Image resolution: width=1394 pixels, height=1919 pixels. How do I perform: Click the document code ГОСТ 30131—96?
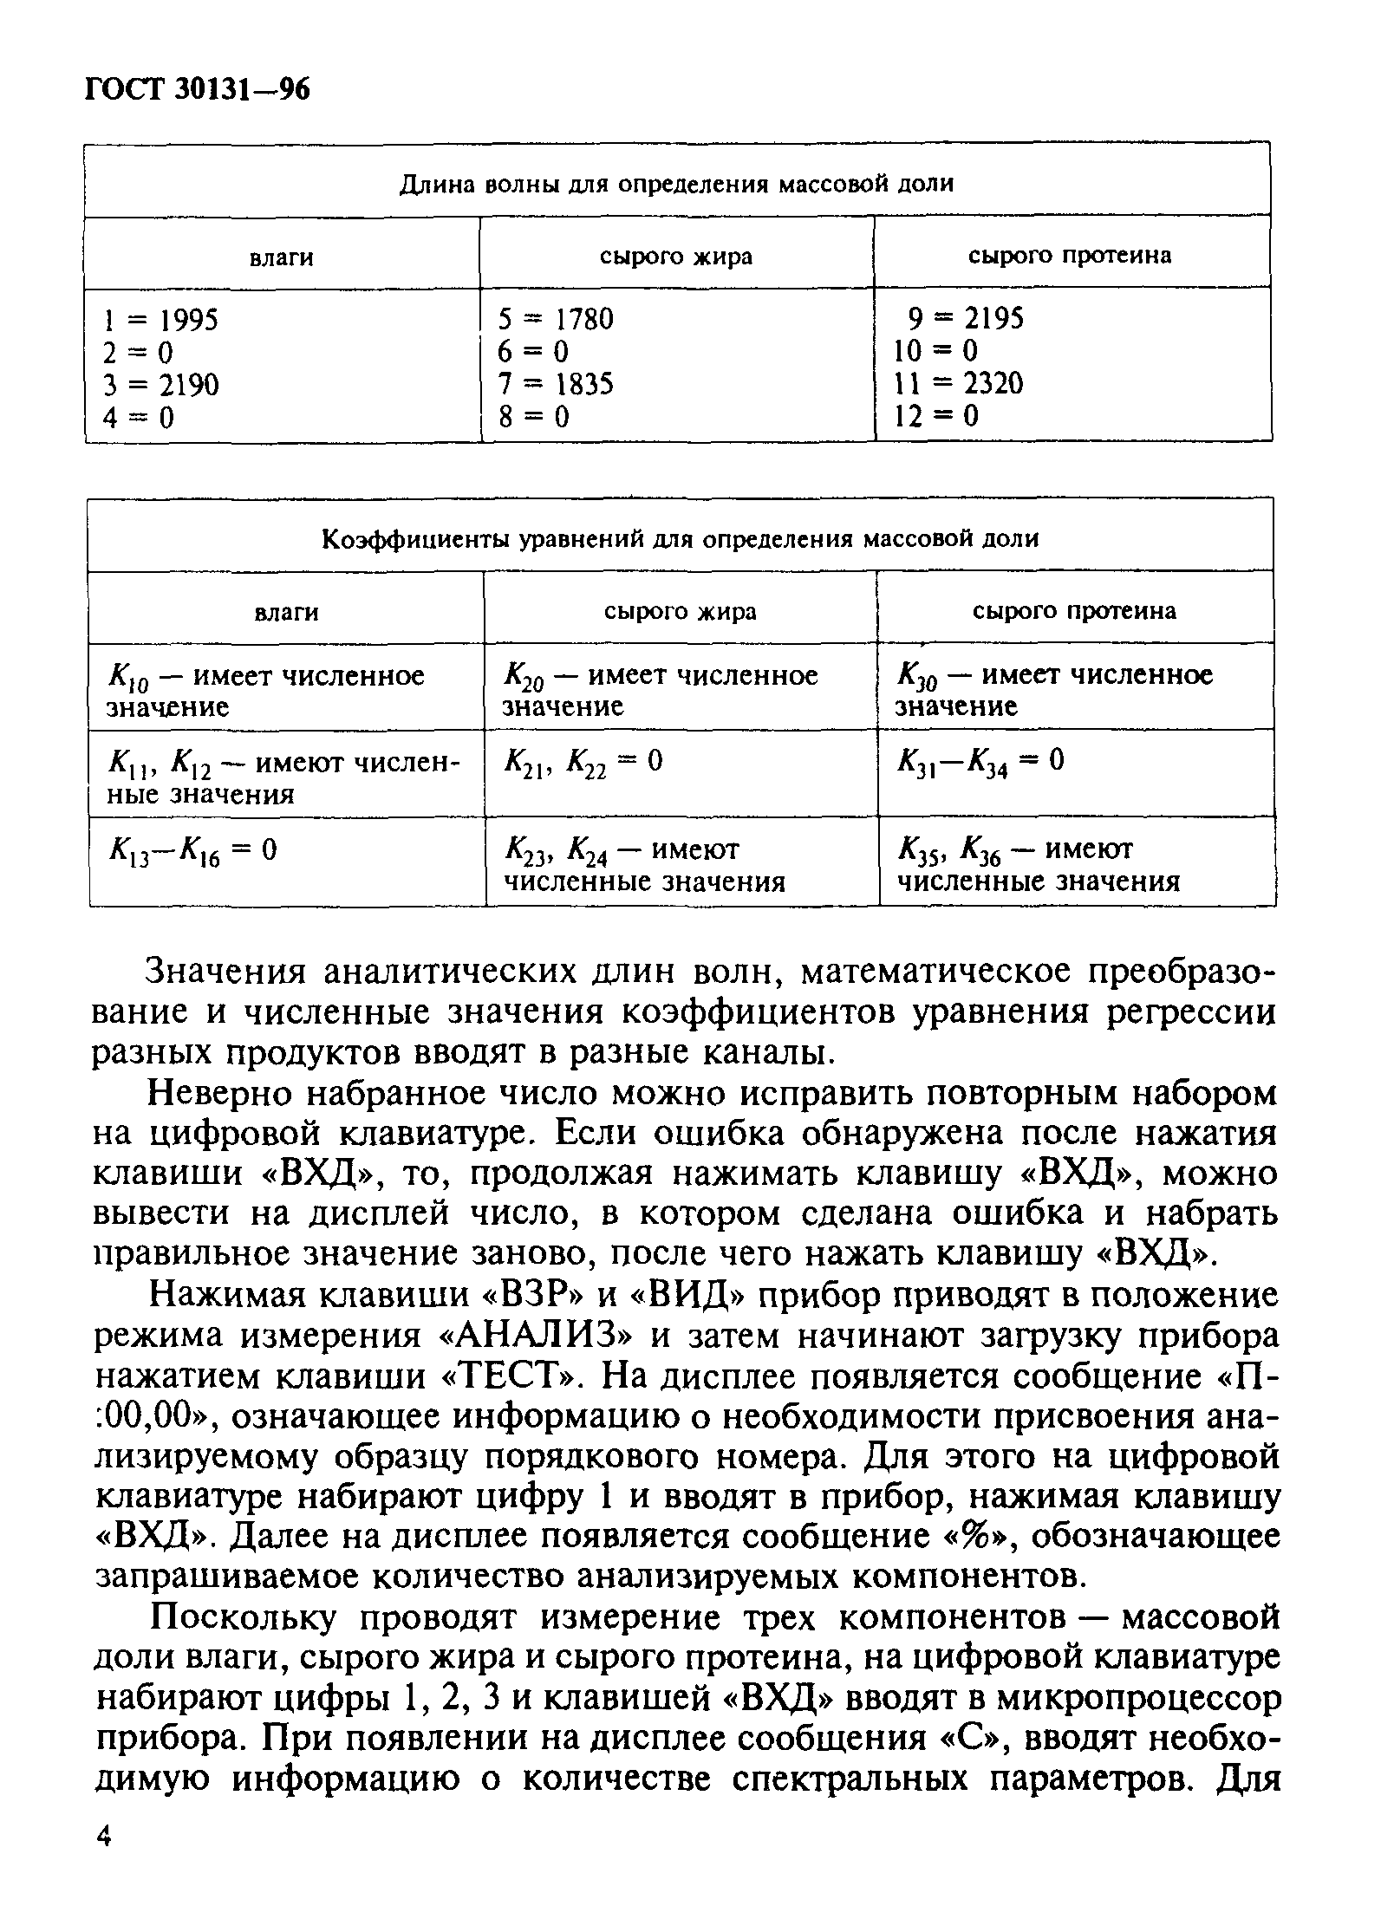coord(197,90)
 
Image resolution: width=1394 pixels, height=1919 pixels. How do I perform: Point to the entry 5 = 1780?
coord(556,320)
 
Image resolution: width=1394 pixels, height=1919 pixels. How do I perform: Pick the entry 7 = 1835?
coord(556,384)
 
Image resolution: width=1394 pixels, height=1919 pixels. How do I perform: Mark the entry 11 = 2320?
coord(958,383)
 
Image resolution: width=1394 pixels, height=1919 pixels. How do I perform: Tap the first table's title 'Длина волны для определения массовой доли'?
coord(676,184)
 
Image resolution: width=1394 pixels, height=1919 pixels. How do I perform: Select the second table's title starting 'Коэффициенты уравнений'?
coord(680,539)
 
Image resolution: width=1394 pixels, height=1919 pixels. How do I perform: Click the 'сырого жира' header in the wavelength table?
coord(676,257)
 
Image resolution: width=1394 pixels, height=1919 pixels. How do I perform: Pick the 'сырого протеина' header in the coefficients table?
coord(1074,611)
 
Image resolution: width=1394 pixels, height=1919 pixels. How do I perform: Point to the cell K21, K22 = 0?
coord(583,763)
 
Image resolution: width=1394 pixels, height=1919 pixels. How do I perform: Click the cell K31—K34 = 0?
coord(980,763)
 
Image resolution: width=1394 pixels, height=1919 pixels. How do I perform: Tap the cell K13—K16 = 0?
coord(192,851)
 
